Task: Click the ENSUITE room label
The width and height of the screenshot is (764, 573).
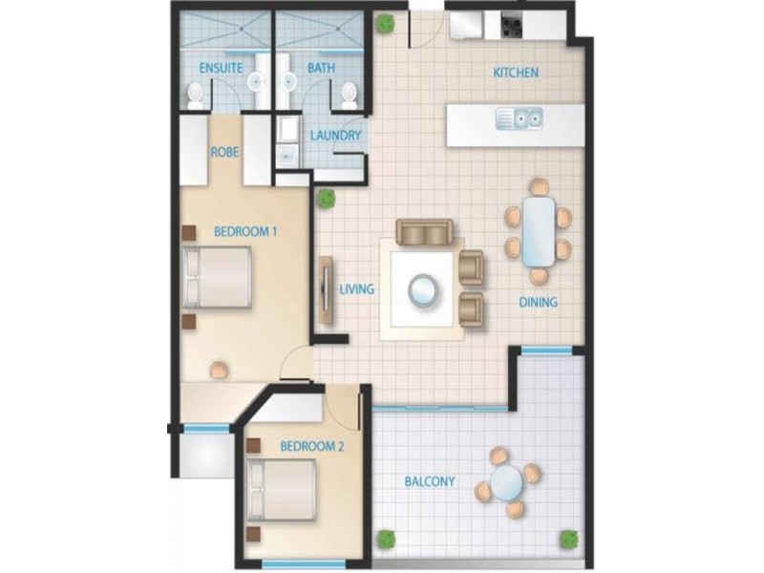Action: (x=221, y=69)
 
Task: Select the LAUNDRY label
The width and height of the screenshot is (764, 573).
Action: (x=335, y=136)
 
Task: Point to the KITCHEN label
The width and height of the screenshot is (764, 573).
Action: (x=516, y=73)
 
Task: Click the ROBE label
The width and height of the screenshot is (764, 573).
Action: (x=225, y=151)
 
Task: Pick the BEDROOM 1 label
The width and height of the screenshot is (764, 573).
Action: (x=245, y=231)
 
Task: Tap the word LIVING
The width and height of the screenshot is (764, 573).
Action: (x=356, y=288)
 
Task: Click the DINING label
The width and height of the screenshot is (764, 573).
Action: (x=538, y=303)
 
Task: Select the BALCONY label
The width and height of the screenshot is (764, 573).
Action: (x=429, y=481)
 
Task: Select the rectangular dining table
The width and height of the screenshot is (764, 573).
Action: (x=539, y=232)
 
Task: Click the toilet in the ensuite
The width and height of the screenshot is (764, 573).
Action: (x=195, y=93)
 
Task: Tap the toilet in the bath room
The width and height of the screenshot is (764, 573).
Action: (x=349, y=93)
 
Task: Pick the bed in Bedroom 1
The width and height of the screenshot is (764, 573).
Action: (x=219, y=278)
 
